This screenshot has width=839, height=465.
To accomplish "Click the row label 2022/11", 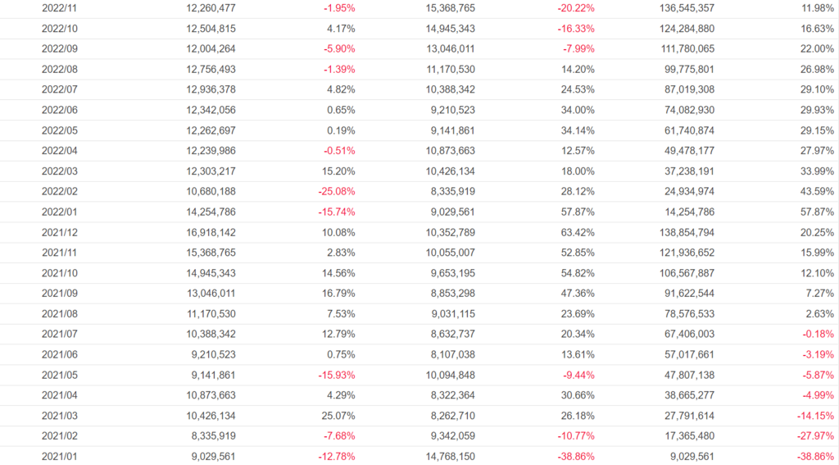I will click(x=60, y=8).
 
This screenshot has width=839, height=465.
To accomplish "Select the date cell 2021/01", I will click(x=60, y=457).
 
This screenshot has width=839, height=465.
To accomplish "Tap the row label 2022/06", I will click(x=60, y=110).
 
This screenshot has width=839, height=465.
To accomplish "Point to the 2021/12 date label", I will click(x=60, y=232).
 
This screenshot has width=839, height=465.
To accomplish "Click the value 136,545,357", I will click(x=686, y=8).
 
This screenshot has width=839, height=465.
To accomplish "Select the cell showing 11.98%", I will click(x=816, y=8).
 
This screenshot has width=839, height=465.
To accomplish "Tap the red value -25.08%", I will click(x=336, y=192).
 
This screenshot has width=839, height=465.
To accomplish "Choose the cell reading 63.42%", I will click(x=577, y=232).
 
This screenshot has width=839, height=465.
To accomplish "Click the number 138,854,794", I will click(x=686, y=232).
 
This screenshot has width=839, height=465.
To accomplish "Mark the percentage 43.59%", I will click(x=816, y=192).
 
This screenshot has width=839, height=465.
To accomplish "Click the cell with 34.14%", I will click(x=577, y=130).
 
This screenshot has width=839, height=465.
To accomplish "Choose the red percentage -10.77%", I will click(x=574, y=436).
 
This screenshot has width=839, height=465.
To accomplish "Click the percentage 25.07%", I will click(x=337, y=416).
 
